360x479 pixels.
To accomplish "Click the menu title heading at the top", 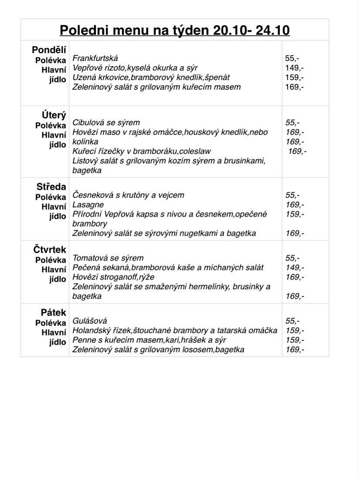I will click(x=175, y=30).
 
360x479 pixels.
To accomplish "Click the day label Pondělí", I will click(x=49, y=50).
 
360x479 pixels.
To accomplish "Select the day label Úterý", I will click(x=54, y=115).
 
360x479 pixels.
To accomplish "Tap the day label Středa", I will click(x=51, y=187).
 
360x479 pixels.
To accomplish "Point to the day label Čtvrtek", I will click(x=50, y=250).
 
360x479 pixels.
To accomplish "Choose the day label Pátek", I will click(x=54, y=312).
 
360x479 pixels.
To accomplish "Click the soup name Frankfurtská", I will click(x=95, y=58).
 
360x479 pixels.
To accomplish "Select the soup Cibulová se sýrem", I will click(x=106, y=123).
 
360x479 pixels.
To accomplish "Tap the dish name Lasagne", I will click(x=88, y=204).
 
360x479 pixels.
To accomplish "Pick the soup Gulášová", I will click(x=90, y=321).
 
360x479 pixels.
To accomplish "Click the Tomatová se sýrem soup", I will click(x=108, y=258).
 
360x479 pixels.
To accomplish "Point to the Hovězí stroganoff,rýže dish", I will click(x=113, y=277).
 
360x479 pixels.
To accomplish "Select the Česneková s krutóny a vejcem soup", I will click(x=128, y=195).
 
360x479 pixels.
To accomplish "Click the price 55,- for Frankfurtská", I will click(x=292, y=58).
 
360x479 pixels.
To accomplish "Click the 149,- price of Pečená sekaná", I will click(x=295, y=268).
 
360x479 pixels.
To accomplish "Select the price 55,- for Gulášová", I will click(x=293, y=321).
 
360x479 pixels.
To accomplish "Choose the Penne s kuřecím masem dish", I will click(x=149, y=340).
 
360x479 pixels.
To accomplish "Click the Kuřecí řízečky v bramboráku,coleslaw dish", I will click(x=141, y=151).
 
